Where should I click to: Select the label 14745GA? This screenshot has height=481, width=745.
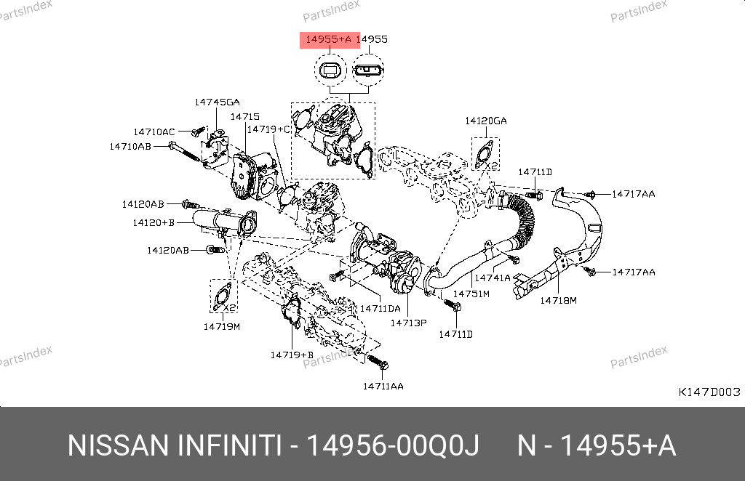tap(217, 102)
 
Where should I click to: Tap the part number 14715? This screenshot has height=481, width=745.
tap(245, 116)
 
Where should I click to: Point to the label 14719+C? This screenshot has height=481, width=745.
tap(268, 129)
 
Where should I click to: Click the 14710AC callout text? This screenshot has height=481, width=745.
tap(154, 132)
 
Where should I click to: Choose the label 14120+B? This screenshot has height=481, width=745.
tap(154, 222)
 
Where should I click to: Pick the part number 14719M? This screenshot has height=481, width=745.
tap(222, 326)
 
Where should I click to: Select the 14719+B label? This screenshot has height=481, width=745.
tap(291, 355)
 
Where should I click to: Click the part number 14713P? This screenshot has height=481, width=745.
tap(408, 322)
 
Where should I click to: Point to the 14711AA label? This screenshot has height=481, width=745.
tap(383, 385)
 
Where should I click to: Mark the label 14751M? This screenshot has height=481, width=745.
tap(471, 294)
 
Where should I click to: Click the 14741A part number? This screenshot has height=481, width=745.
tap(493, 278)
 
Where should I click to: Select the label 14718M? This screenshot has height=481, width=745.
tap(558, 299)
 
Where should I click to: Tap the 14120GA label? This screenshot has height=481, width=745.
tap(486, 121)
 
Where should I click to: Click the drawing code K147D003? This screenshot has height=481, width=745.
tap(709, 392)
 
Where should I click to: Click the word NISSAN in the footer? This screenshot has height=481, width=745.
tap(116, 445)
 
